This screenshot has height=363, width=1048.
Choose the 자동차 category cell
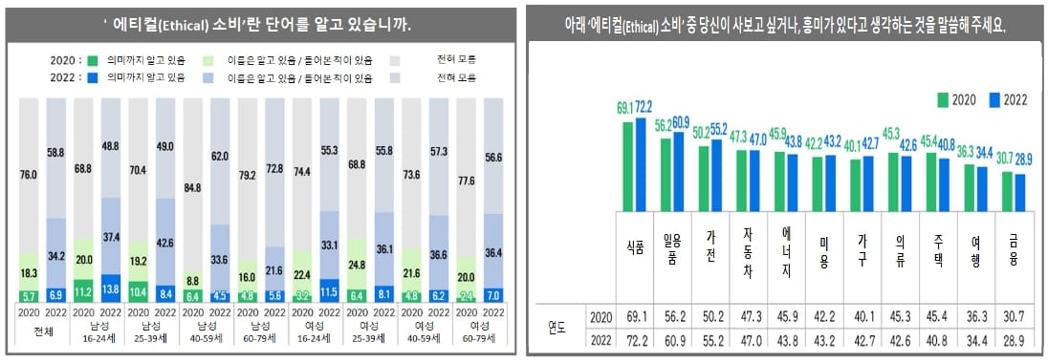click(x=748, y=249)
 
